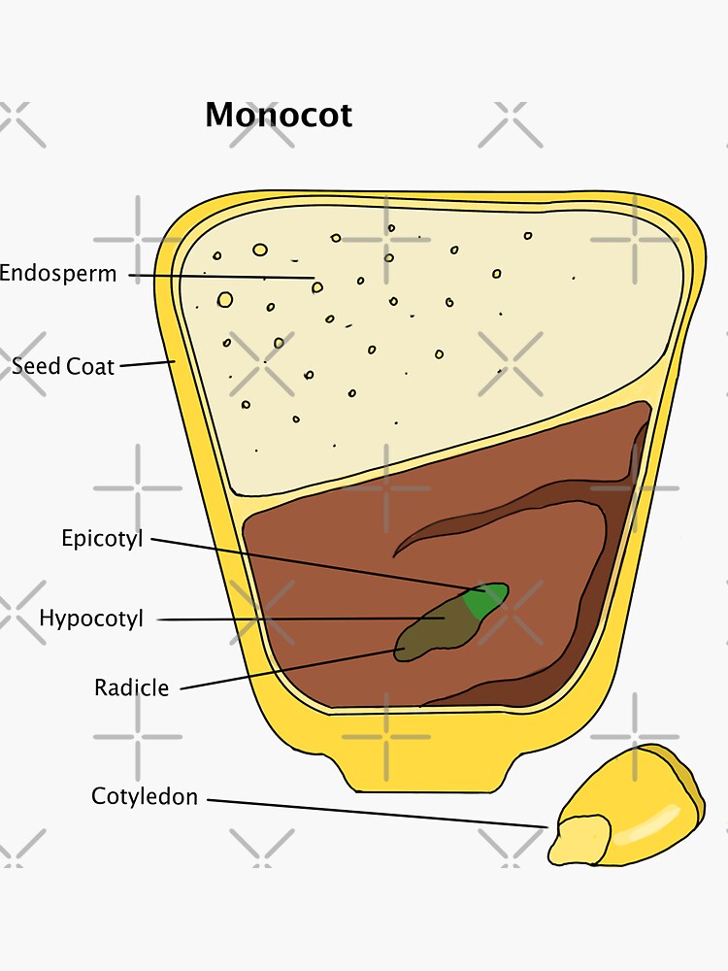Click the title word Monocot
click(279, 116)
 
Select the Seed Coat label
click(63, 367)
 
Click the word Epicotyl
click(102, 538)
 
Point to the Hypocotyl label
click(91, 619)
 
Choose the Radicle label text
click(131, 688)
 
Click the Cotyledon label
click(145, 797)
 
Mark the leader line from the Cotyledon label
click(379, 814)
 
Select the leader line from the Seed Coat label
click(146, 364)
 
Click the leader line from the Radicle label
click(291, 669)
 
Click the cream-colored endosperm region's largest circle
click(225, 300)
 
